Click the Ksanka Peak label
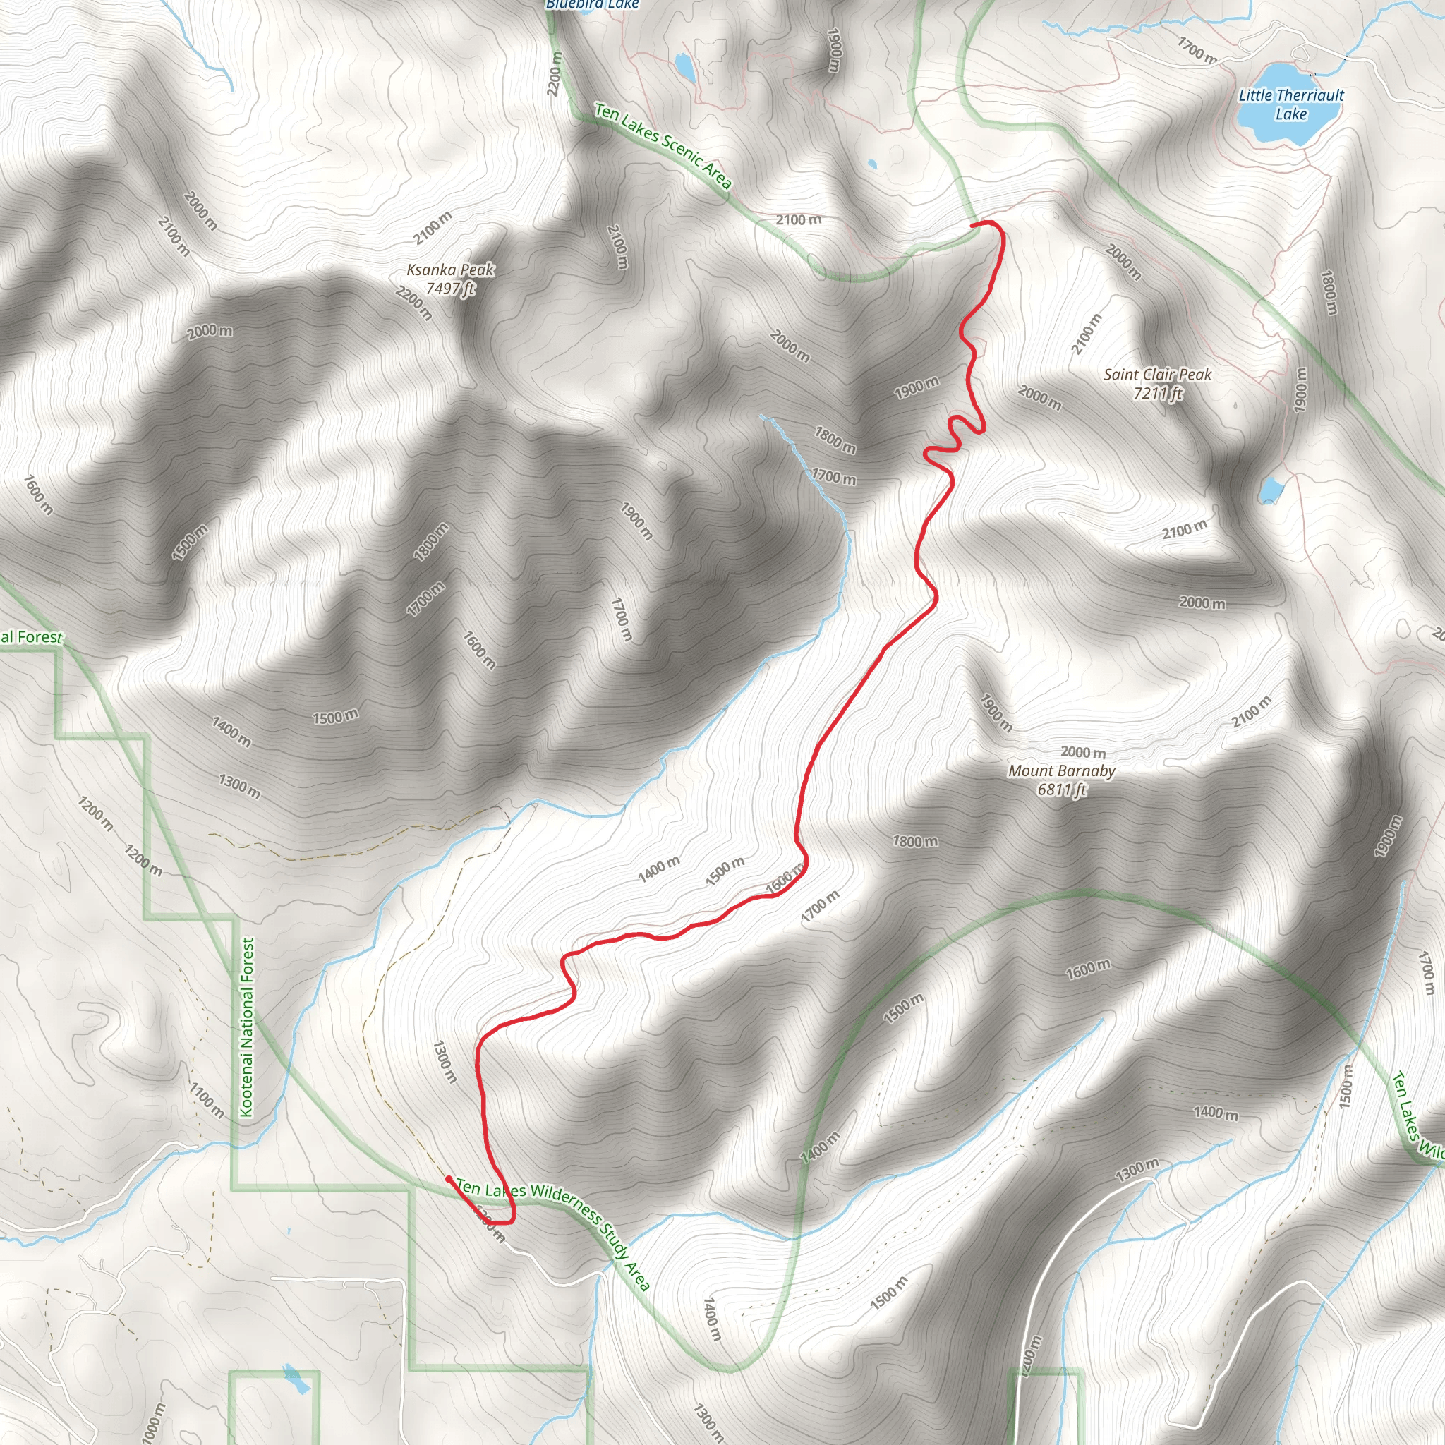[450, 270]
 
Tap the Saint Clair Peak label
[1157, 375]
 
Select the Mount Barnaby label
[1061, 771]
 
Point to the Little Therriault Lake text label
[1291, 104]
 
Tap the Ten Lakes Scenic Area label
[663, 145]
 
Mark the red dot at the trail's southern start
[448, 1179]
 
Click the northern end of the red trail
[972, 224]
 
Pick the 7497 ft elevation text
[450, 289]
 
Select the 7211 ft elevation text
[1158, 394]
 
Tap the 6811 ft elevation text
[1061, 790]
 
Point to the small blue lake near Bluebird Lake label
[684, 66]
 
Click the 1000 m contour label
[152, 1422]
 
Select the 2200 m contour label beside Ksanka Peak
[413, 303]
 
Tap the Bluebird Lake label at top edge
[593, 4]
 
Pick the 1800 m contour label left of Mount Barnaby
[914, 842]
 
